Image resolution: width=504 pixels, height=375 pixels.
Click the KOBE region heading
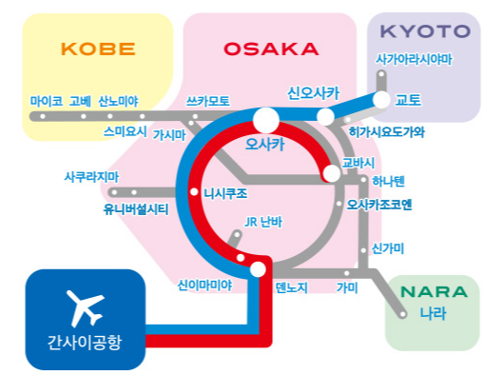click(x=97, y=49)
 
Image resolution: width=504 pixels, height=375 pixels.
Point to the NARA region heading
click(x=432, y=291)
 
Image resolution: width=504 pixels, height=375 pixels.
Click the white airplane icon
click(x=85, y=306)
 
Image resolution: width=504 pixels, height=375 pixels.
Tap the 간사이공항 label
click(x=85, y=342)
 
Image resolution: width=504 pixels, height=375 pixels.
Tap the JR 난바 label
click(x=265, y=224)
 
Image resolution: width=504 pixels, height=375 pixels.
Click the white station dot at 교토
click(x=382, y=99)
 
